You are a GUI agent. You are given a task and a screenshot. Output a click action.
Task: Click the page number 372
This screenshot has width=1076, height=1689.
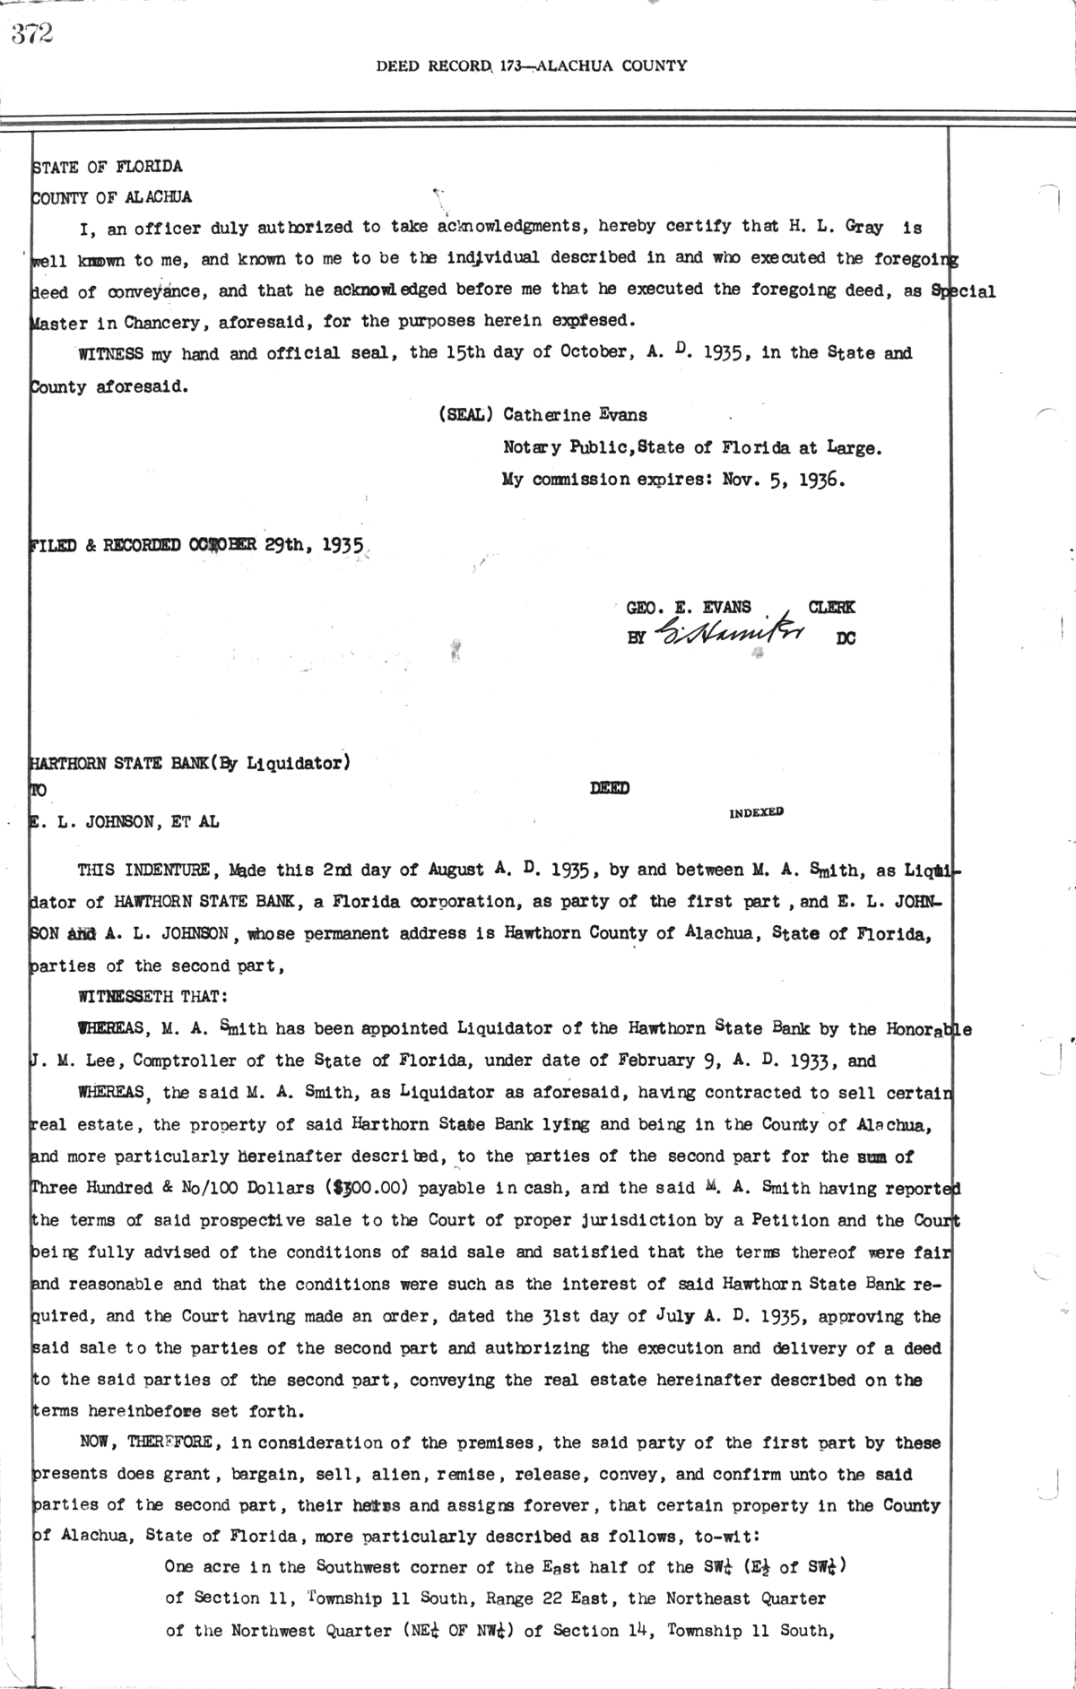(32, 34)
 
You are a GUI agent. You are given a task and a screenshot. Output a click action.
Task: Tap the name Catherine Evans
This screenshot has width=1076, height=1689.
(575, 415)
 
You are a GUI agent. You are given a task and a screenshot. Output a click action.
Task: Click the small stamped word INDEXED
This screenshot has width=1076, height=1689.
(756, 812)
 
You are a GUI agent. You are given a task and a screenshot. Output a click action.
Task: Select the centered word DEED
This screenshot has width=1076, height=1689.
(609, 788)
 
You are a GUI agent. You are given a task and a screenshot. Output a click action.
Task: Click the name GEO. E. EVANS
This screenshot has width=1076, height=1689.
(689, 607)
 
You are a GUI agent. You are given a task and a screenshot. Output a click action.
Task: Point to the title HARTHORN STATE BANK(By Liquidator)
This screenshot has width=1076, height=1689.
(190, 764)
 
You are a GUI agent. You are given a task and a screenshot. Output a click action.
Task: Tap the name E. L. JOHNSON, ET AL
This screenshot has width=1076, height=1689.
(125, 821)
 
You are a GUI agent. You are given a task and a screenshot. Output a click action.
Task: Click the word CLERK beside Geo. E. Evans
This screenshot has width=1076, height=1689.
(832, 607)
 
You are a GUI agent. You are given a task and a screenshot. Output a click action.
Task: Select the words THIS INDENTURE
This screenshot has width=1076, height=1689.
(143, 870)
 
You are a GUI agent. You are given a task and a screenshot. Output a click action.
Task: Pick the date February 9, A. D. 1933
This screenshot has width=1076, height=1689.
(733, 1061)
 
